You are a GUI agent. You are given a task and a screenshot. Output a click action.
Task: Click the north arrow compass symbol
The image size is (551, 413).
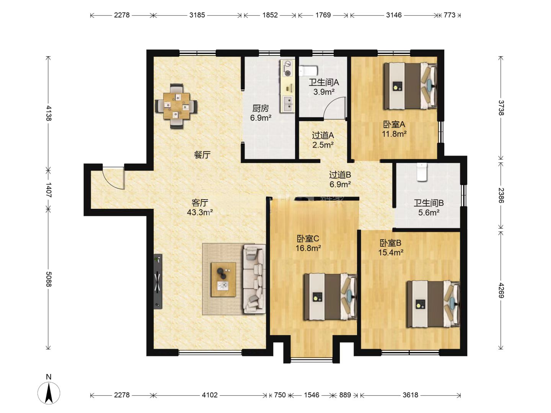49,393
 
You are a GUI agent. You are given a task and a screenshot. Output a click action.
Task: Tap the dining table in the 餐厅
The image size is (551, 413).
176,106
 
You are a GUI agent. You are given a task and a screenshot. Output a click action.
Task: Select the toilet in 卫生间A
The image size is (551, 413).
308,71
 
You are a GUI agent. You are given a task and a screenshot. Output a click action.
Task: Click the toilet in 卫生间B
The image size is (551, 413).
422,172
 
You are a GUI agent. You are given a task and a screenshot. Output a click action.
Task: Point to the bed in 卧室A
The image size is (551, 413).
410,86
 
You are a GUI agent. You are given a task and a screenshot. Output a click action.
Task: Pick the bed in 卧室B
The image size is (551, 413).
434,304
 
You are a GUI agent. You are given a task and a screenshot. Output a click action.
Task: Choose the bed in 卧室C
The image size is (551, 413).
330,297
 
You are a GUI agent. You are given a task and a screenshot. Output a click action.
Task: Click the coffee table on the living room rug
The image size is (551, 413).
223,279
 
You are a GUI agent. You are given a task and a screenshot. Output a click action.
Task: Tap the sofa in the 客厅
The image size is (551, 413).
254,279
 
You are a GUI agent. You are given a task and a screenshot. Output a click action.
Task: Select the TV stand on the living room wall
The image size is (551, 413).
158,281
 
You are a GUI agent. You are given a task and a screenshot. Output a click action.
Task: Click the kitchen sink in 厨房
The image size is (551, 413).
288,104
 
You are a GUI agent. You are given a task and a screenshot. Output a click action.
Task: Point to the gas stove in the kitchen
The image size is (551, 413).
287,68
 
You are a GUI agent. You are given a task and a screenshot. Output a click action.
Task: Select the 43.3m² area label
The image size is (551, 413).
200,212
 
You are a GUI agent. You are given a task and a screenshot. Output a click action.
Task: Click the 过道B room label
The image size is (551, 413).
340,174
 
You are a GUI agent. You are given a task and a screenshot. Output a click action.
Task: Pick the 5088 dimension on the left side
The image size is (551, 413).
49,279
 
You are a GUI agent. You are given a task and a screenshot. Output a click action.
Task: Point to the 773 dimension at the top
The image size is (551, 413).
449,15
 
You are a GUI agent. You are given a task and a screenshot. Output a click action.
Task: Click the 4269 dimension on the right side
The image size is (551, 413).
501,290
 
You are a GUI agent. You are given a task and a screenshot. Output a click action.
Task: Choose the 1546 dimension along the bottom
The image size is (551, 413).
311,395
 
